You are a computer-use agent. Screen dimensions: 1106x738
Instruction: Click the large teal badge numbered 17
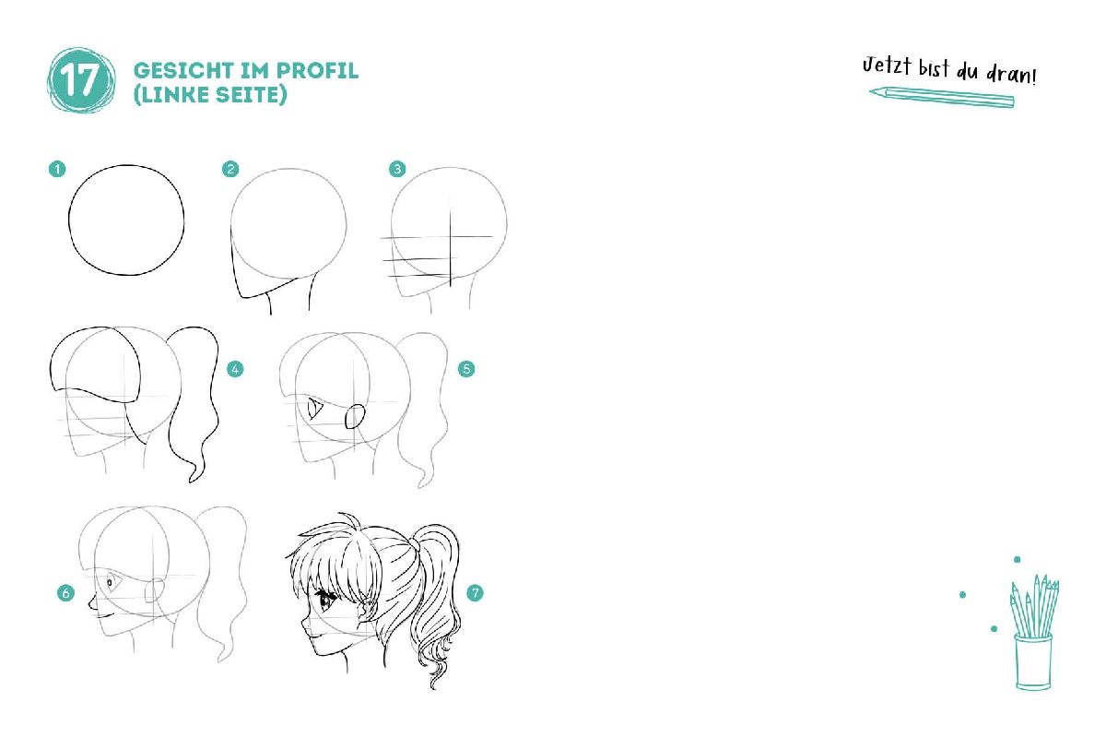(81, 80)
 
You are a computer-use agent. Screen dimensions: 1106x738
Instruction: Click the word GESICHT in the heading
(183, 71)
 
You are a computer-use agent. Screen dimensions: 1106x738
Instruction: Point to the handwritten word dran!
(1011, 74)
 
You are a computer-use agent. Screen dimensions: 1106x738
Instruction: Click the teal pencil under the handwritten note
(942, 97)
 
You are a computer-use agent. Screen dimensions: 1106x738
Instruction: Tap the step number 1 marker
(57, 169)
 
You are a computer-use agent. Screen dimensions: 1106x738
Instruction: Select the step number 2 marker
(230, 169)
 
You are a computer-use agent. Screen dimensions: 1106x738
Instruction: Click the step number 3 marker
(397, 169)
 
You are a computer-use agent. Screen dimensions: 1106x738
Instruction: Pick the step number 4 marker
(235, 369)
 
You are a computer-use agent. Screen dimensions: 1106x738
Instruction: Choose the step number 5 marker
(466, 369)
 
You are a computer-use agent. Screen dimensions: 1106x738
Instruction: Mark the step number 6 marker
(65, 592)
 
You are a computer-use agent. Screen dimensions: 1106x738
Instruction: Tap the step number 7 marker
(475, 592)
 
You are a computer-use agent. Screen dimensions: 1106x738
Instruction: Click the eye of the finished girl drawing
(327, 600)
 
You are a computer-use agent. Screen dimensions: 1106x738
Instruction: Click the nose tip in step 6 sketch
(89, 603)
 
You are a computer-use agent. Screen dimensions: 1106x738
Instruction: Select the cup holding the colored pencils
(1033, 661)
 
